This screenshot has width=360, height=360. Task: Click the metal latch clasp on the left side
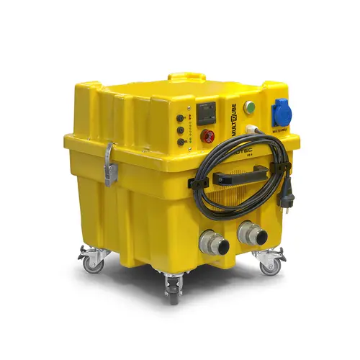(109, 163)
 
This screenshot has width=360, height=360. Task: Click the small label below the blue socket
(281, 132)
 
